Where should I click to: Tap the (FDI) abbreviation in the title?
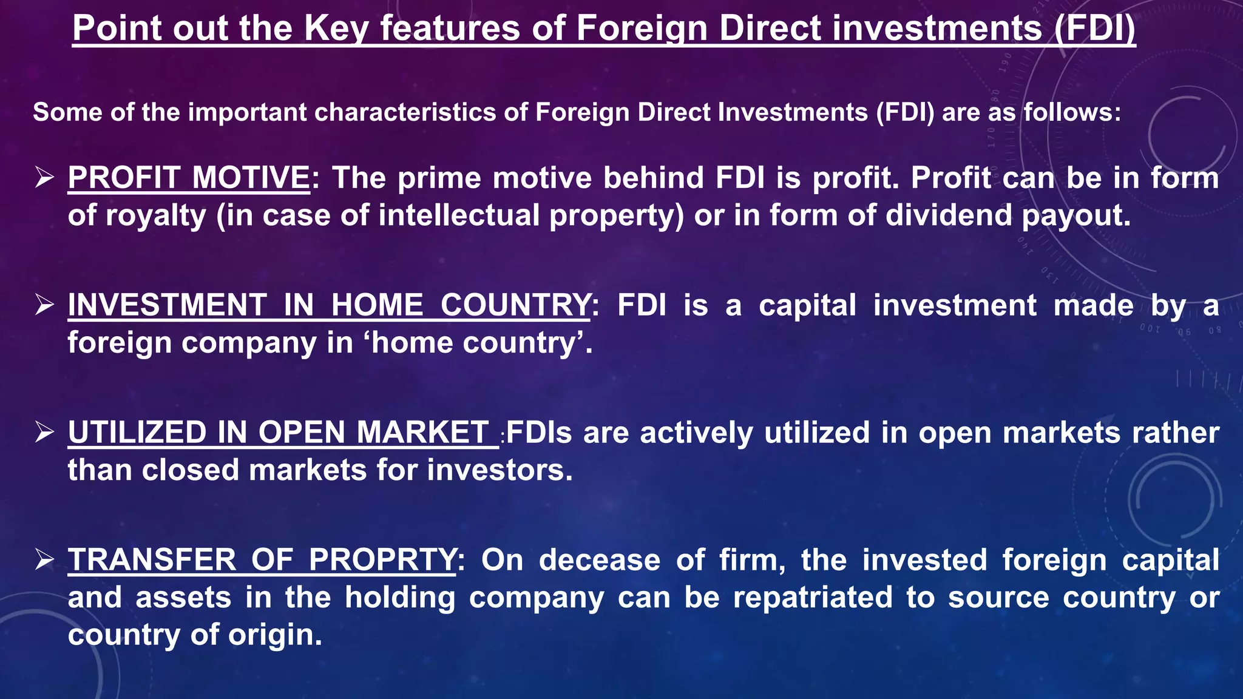1094,29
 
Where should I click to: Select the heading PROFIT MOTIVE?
189,178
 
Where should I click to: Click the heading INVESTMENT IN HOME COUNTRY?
328,305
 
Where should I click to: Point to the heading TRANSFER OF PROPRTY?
262,559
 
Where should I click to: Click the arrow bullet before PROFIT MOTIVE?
44,178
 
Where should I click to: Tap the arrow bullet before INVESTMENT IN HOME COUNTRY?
44,305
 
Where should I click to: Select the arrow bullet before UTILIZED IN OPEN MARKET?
44,433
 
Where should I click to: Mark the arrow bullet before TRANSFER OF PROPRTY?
44,559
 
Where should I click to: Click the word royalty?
156,216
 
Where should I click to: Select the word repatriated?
813,598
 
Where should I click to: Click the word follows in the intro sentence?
1072,112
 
